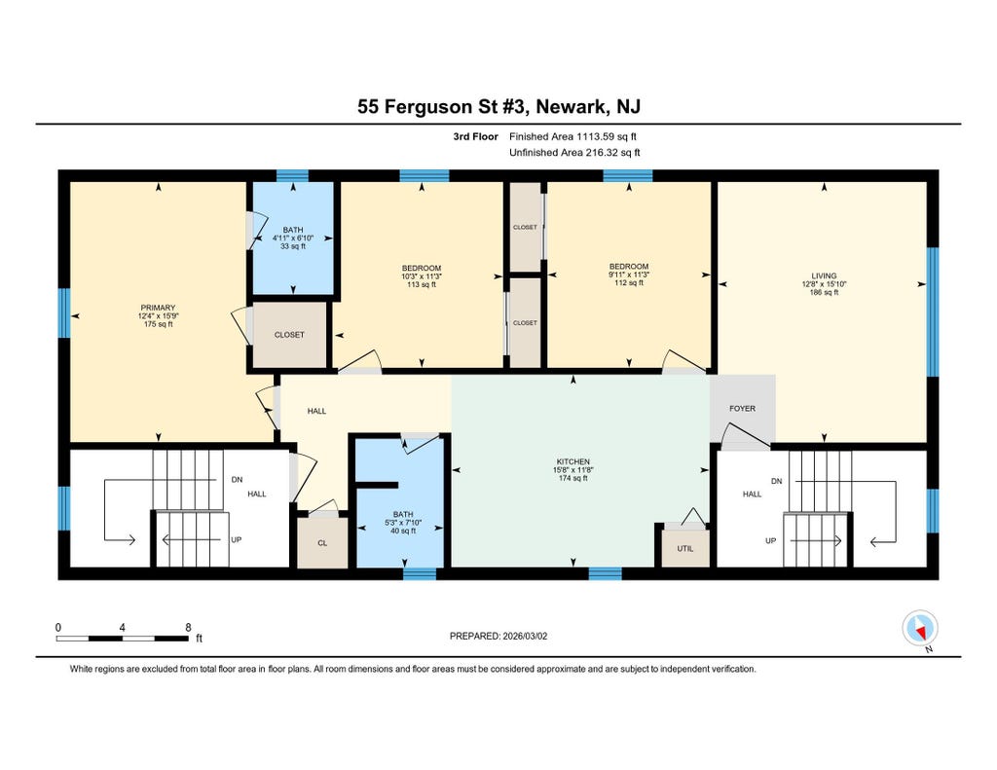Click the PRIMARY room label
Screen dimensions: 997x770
158,308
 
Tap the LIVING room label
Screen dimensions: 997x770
824,275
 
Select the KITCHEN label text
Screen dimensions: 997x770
572,461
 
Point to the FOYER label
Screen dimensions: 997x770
742,409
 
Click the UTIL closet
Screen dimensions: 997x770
685,548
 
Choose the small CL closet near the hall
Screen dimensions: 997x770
322,542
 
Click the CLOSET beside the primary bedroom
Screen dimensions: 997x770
289,335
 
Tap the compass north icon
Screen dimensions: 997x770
920,629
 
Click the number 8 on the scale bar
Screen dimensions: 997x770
188,628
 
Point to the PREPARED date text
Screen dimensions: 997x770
498,636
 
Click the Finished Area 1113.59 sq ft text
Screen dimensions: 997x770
572,136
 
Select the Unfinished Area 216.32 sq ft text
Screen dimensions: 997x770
574,153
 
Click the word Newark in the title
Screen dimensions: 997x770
571,107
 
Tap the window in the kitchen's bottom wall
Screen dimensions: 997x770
605,573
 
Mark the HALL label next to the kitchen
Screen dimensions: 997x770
316,412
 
